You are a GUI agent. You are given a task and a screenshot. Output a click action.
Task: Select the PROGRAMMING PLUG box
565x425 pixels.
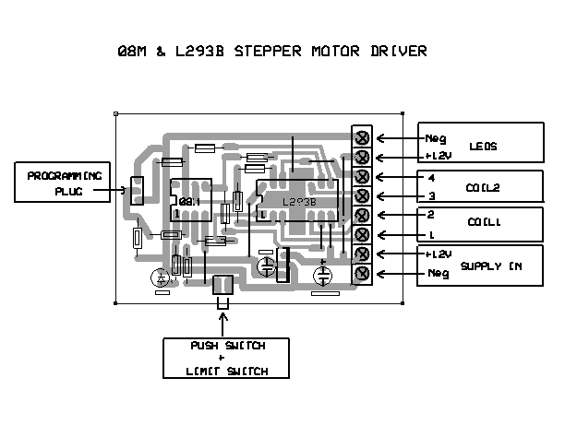(62, 183)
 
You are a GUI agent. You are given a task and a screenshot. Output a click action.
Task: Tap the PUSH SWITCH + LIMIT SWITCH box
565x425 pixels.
(226, 359)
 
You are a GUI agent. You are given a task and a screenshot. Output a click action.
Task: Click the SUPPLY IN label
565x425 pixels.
(490, 266)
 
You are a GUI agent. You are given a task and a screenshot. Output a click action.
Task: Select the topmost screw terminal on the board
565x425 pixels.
(362, 137)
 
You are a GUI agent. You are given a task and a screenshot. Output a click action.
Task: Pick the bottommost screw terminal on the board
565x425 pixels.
(362, 274)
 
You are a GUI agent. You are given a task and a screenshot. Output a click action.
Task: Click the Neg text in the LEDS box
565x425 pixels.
(435, 138)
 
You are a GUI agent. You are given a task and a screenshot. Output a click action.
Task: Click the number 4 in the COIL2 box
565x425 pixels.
(431, 177)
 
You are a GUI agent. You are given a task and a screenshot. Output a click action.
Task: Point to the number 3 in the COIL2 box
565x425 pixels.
(431, 196)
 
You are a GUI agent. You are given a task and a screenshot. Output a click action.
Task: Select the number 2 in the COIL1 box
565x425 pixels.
(431, 214)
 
